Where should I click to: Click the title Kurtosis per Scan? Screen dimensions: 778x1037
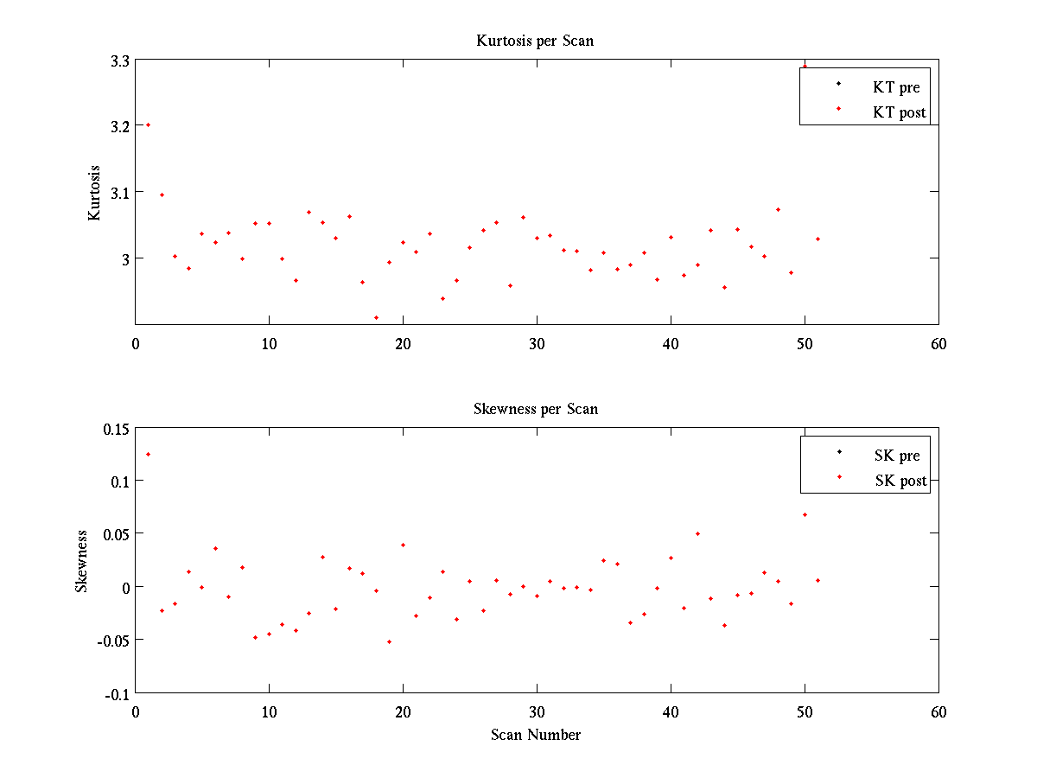[x=535, y=41]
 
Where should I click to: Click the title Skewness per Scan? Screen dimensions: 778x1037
[x=535, y=409]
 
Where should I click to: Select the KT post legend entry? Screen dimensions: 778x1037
[x=900, y=112]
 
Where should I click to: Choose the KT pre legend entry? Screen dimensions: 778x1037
[x=897, y=87]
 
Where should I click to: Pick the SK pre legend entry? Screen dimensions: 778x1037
[x=897, y=456]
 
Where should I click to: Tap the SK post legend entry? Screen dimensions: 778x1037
[x=900, y=481]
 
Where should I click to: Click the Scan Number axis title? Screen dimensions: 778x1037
[x=536, y=735]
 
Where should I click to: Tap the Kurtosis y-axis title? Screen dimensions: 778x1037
[x=94, y=193]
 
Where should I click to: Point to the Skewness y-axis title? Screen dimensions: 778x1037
[x=81, y=561]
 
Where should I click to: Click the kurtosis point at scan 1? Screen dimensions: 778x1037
[x=148, y=124]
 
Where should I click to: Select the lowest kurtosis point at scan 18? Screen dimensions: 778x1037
[x=376, y=317]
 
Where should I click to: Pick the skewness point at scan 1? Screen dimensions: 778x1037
[x=148, y=454]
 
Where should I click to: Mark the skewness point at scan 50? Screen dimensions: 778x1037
[x=805, y=514]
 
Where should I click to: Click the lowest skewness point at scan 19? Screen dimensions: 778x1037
[x=389, y=641]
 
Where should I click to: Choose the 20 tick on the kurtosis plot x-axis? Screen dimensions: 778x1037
[x=403, y=343]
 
